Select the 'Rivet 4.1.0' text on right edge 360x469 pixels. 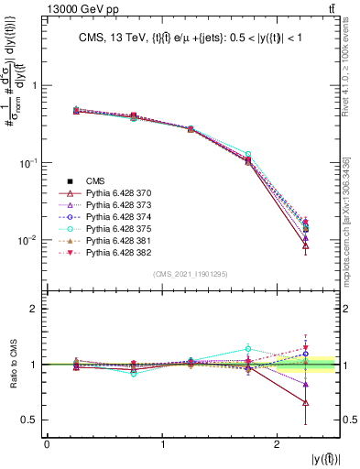(x=351, y=82)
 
